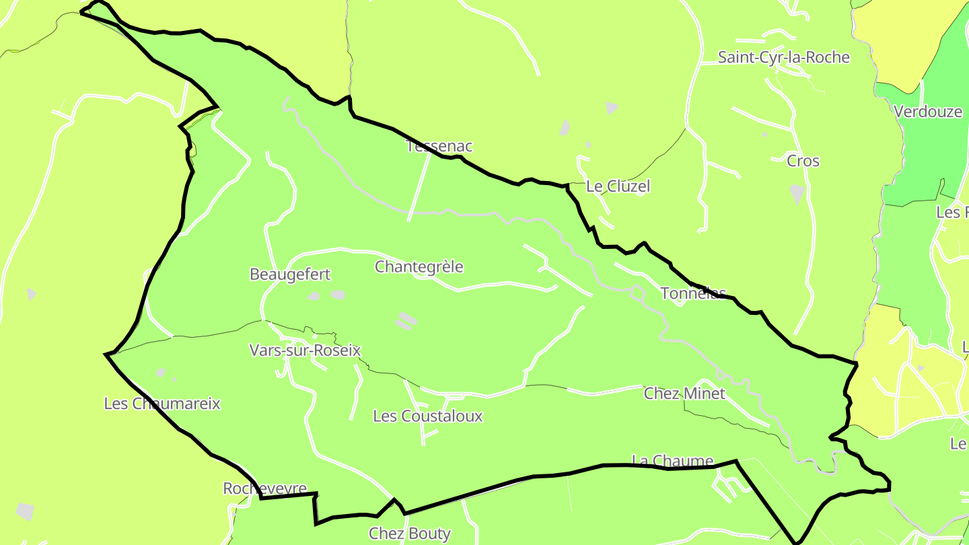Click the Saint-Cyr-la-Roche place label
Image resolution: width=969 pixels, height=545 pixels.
pos(783,57)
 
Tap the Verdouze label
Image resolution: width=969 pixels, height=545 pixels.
pos(928,112)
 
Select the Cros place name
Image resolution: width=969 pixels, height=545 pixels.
pos(803,161)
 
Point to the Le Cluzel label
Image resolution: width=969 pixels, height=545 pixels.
pos(618,186)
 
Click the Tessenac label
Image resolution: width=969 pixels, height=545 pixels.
pos(440,146)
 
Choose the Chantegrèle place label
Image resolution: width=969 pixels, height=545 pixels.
pos(419,267)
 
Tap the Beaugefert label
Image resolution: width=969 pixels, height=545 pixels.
pos(290,275)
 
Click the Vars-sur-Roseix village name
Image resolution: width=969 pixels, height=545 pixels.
pos(305,351)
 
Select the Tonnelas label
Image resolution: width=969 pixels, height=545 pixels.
pos(693,293)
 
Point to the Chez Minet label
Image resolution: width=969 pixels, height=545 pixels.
pos(684,394)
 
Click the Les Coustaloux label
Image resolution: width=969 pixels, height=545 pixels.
pos(427,416)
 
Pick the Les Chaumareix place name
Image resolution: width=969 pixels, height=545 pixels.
pos(161,404)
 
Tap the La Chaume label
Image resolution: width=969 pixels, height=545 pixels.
pos(672,461)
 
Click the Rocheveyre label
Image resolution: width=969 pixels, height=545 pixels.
pos(264,488)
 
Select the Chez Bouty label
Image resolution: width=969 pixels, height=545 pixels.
pos(409,534)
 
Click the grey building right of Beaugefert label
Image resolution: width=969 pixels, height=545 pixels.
pos(337,295)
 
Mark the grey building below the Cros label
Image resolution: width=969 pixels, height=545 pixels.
pos(797,193)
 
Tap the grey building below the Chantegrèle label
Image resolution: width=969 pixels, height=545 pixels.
pos(406,321)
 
